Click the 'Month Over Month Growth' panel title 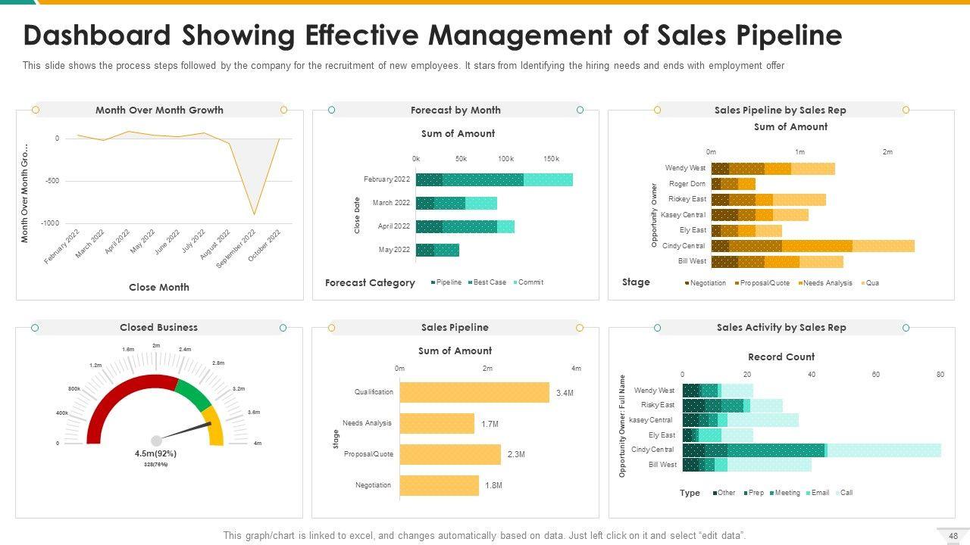tap(159, 110)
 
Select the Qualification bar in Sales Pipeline tap(474, 392)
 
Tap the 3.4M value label tap(565, 393)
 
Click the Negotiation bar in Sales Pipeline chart tap(439, 485)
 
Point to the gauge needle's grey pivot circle tap(156, 441)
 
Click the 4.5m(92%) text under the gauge tap(155, 453)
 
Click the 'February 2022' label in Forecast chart tap(386, 179)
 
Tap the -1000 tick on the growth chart tap(50, 223)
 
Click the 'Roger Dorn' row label tap(687, 184)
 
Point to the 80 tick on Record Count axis tap(940, 375)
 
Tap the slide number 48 tap(953, 536)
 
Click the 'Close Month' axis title tap(159, 287)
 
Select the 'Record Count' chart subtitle tap(781, 357)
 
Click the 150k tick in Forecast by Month tap(551, 159)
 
